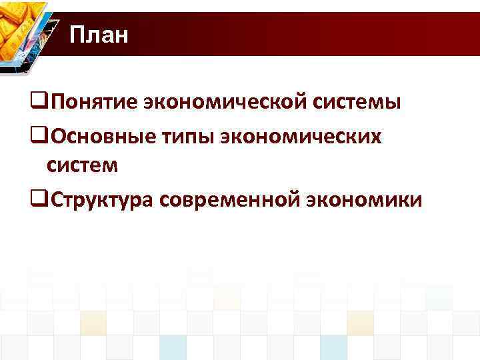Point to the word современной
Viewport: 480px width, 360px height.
coord(227,198)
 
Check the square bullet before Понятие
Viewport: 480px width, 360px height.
coord(39,103)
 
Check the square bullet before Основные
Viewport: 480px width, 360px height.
coord(39,136)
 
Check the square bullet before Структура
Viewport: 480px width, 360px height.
coord(39,199)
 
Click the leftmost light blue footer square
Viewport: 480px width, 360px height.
coord(173,347)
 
